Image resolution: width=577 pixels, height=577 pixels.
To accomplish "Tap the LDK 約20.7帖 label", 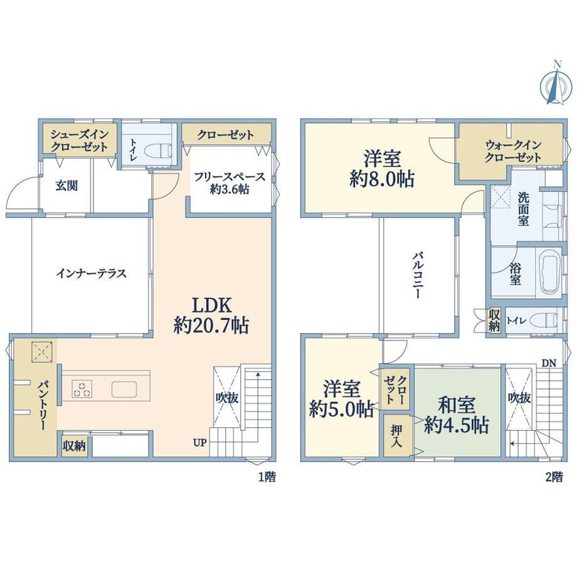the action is point(211,315).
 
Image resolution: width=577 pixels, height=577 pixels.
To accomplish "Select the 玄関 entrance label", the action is point(66,186).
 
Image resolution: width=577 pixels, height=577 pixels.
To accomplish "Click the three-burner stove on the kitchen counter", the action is point(82,389).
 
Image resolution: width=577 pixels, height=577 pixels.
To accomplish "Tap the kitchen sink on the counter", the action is point(124,389).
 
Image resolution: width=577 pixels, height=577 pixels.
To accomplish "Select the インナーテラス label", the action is point(92,273).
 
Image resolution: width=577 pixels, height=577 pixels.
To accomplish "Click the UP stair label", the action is point(200,443).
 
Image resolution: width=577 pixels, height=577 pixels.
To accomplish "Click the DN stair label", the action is point(549,363).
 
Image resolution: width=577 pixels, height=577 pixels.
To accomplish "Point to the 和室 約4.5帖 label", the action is point(457,415).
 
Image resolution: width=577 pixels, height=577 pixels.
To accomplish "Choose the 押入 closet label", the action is point(396,436).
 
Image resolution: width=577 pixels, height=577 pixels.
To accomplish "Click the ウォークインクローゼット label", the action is point(512,151).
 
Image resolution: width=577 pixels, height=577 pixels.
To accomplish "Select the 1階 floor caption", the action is point(267,477).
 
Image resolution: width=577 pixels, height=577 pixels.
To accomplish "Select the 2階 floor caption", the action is point(554,477).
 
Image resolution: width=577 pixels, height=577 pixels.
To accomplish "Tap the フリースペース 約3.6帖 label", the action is point(230,183).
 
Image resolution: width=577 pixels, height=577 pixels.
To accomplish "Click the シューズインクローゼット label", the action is point(80,140).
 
